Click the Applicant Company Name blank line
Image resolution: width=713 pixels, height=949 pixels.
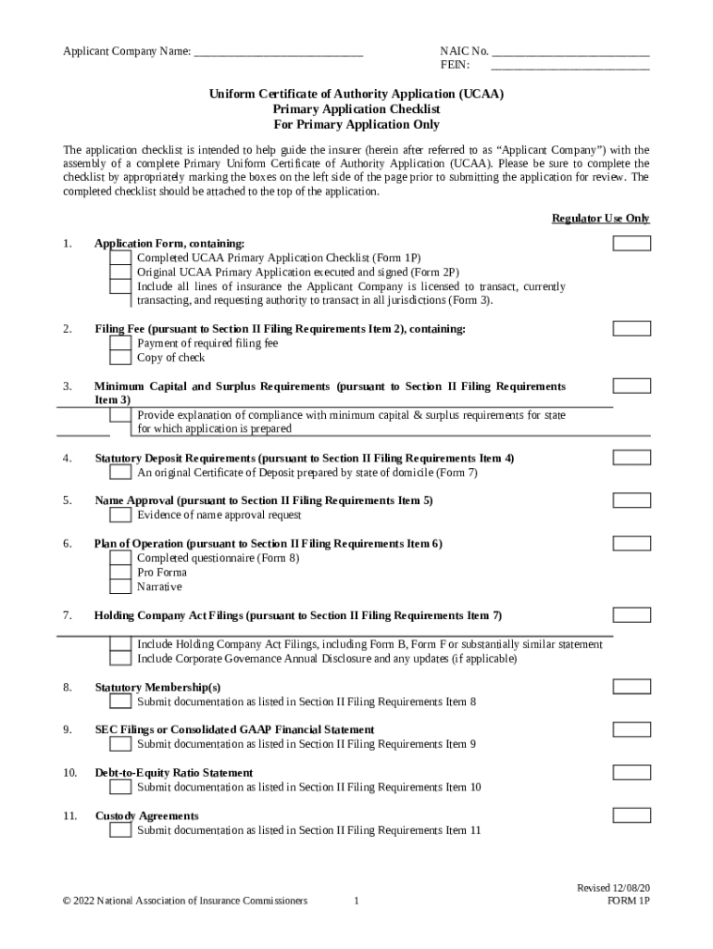point(278,51)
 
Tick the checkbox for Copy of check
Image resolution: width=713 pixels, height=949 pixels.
point(120,358)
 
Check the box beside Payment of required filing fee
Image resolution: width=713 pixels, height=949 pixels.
point(120,343)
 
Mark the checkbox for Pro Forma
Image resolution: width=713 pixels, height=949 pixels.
point(120,572)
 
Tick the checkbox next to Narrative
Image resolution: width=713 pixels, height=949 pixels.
point(120,587)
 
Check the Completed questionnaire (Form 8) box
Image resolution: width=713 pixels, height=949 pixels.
point(120,558)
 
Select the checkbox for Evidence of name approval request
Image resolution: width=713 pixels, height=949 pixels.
point(120,515)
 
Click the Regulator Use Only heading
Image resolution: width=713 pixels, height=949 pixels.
point(600,219)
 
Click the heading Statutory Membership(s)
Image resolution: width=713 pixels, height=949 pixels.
point(157,688)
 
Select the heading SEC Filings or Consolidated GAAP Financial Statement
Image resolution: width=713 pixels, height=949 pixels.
point(234,730)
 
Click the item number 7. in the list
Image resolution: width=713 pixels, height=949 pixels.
point(68,615)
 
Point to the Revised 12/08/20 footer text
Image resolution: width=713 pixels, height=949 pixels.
point(613,887)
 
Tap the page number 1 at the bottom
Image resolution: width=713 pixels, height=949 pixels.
point(356,901)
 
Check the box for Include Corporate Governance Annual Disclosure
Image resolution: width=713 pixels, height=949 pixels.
point(120,659)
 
